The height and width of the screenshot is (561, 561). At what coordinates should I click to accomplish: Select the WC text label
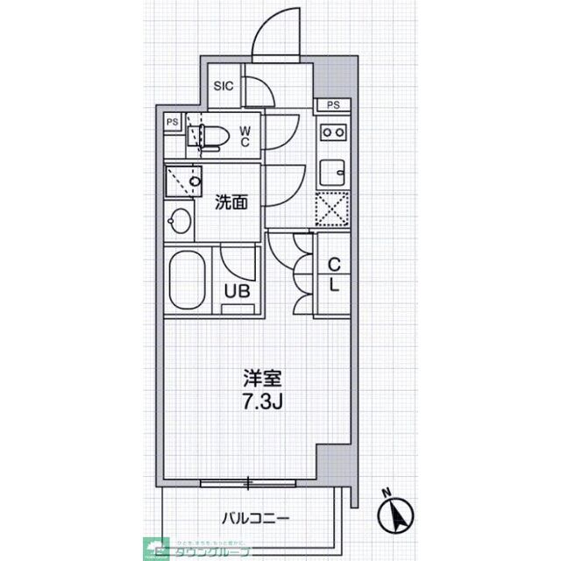click(245, 137)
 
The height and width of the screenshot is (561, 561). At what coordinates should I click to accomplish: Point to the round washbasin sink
click(179, 220)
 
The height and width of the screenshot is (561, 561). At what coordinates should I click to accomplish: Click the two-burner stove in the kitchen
click(333, 132)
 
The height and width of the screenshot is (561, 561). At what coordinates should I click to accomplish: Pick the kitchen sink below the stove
click(332, 170)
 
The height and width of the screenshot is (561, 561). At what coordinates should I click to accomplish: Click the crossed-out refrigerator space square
click(333, 209)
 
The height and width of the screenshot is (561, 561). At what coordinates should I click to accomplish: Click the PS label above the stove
click(332, 105)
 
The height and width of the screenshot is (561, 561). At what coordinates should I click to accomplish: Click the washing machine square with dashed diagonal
click(182, 181)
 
